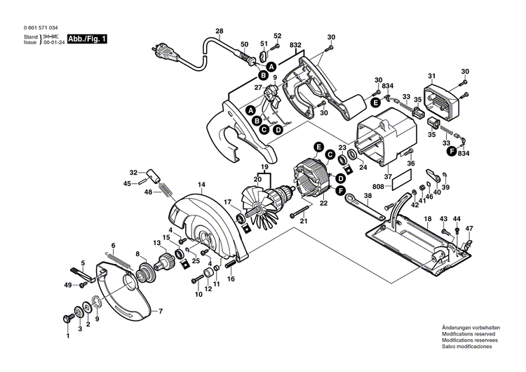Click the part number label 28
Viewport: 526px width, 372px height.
219,32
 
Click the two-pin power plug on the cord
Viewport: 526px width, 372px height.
163,51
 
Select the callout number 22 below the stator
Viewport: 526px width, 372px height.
323,204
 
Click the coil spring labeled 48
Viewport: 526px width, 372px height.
163,190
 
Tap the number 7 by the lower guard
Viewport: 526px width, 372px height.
160,311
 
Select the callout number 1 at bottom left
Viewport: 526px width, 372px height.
68,337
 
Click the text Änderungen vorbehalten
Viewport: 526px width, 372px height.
471,328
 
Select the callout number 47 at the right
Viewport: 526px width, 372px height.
469,229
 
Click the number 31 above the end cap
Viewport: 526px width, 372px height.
432,76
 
